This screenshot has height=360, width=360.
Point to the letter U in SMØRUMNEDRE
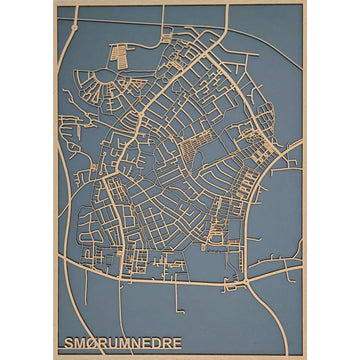[114, 342]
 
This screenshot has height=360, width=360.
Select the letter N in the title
[138, 342]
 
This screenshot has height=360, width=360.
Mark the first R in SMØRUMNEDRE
[102, 342]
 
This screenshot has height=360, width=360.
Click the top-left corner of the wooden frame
[56, 3]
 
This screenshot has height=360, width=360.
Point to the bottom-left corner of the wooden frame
[56, 356]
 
